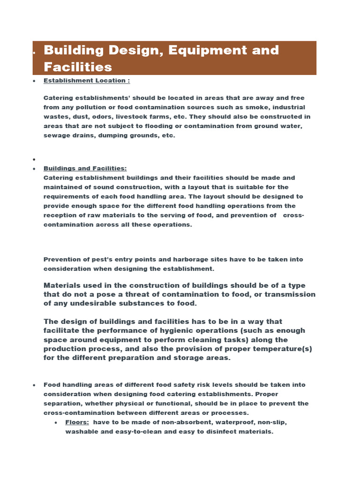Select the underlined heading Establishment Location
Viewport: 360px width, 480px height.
[x=87, y=81]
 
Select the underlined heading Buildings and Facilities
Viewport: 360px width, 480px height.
[x=85, y=168]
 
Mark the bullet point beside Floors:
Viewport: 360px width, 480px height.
[x=56, y=422]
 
